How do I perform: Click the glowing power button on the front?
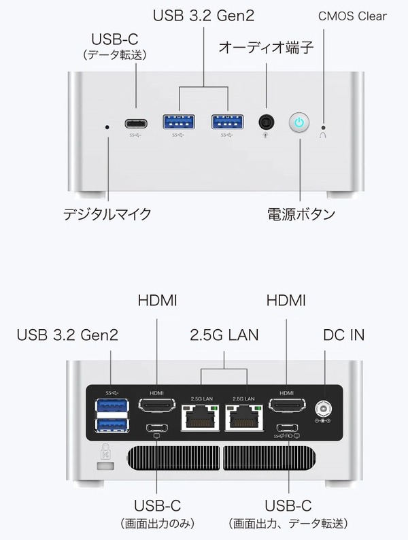click(299, 122)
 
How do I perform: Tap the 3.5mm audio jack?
click(266, 122)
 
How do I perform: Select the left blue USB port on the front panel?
click(179, 122)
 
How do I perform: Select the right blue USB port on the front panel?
click(228, 122)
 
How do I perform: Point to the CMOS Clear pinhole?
click(323, 126)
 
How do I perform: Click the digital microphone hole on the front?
click(107, 127)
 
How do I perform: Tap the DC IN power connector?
click(323, 409)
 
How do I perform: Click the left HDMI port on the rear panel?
click(156, 405)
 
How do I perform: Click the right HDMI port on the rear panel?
click(287, 405)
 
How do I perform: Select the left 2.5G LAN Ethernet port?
click(201, 418)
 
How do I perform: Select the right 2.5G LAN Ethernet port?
click(244, 418)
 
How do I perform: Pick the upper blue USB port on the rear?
click(112, 406)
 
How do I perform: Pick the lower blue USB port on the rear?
click(112, 425)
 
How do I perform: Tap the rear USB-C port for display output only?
click(157, 428)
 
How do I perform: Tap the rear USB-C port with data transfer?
click(287, 428)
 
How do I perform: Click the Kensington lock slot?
click(105, 467)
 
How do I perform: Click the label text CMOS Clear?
click(352, 16)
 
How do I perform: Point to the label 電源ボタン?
click(301, 214)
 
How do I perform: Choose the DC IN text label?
click(343, 335)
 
